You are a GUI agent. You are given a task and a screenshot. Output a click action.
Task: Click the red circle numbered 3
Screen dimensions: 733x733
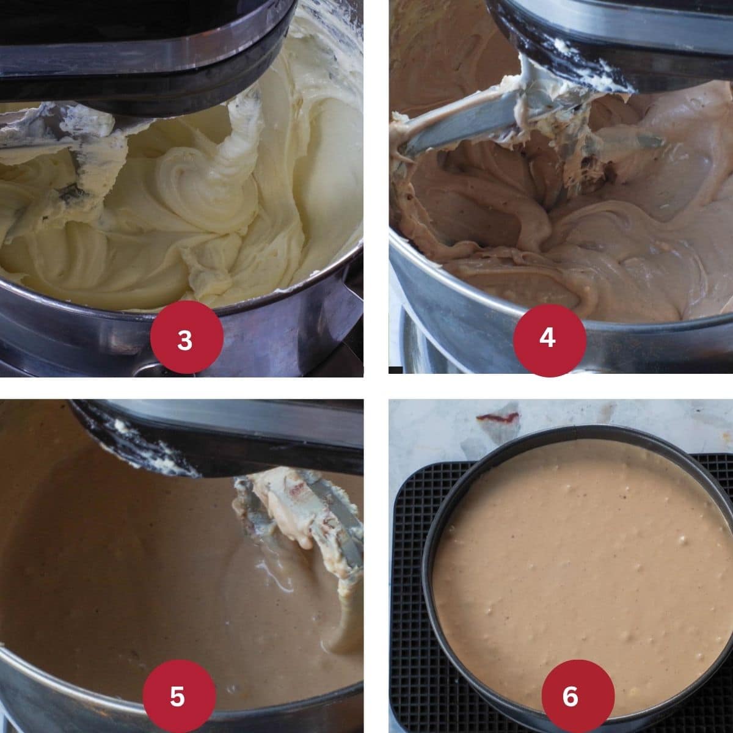coord(184,339)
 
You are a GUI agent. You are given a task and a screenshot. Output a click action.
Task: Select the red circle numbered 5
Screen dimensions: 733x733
coord(178,696)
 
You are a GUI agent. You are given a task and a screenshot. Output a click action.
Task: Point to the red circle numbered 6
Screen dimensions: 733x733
coord(570,696)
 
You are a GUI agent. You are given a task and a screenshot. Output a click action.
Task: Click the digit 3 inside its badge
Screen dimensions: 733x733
coord(184,340)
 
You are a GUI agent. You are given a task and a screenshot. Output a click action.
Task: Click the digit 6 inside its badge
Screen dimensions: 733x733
coord(570,696)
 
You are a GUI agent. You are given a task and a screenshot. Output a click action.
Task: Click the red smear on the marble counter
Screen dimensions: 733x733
coord(498,418)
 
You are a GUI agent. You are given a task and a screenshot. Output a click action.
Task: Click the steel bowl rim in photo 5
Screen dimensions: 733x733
coord(49,684)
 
